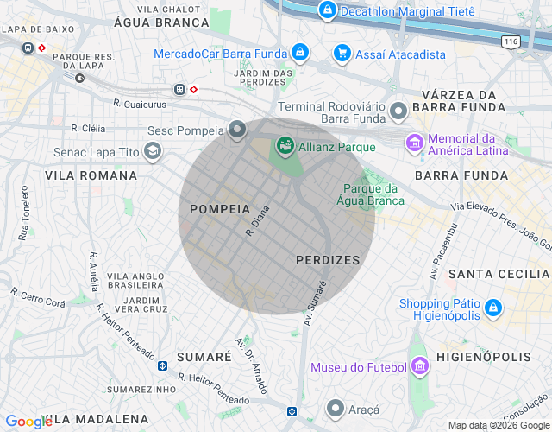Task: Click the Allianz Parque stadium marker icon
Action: click(x=284, y=147)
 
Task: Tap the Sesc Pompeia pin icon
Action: click(x=237, y=130)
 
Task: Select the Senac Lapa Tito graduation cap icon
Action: click(x=153, y=152)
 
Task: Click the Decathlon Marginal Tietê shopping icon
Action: click(x=327, y=11)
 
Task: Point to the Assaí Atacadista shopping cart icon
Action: click(x=342, y=54)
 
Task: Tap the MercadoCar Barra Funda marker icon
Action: click(x=299, y=54)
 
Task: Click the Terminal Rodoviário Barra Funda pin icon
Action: click(x=398, y=111)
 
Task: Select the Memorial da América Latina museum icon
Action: click(x=415, y=142)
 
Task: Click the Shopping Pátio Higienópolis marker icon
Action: click(x=492, y=308)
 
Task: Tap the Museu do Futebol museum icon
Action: click(x=419, y=367)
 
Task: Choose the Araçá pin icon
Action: click(x=336, y=407)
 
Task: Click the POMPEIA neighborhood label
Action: click(x=220, y=209)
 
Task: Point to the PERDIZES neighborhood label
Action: click(x=327, y=259)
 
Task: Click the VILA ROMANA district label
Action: click(x=91, y=175)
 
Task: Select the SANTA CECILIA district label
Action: click(x=499, y=274)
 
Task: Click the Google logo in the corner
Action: click(x=28, y=422)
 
